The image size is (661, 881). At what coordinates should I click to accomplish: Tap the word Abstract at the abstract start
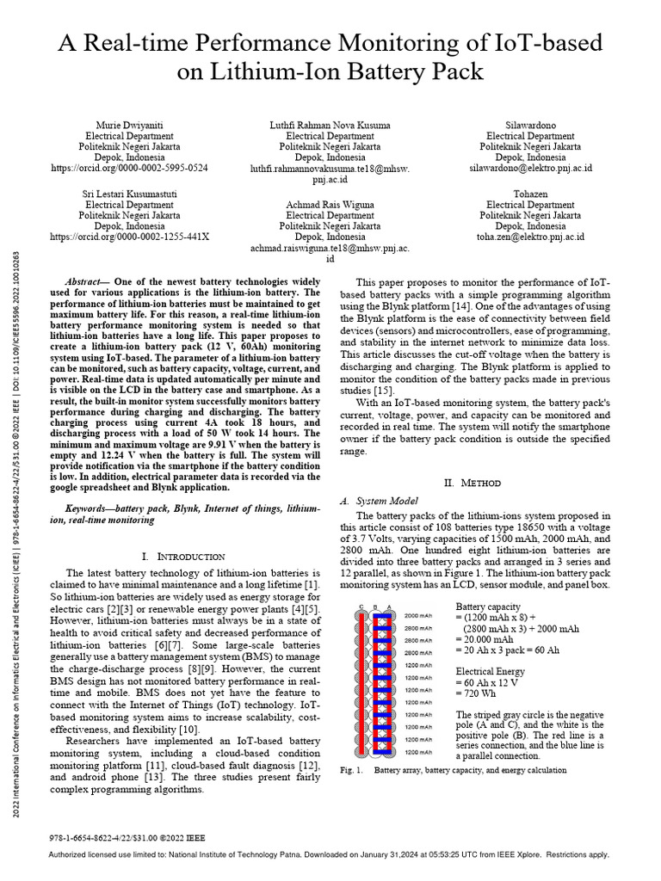coord(86,282)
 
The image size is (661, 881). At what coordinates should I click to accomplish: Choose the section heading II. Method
coord(477,484)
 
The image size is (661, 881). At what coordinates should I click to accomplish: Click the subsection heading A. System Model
coord(380,501)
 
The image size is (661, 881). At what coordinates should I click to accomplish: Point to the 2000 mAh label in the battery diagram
coord(418,615)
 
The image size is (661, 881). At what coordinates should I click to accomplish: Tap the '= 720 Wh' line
coord(479,693)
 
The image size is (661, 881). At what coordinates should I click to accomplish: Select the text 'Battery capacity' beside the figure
coord(488,606)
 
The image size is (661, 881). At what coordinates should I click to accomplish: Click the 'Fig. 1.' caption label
coord(352,770)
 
